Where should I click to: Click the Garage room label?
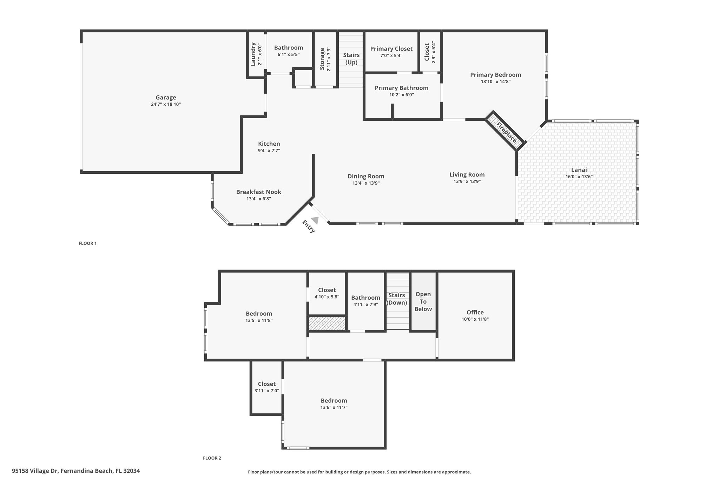[166, 98]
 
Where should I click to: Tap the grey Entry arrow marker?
[315, 220]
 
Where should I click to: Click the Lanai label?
[579, 170]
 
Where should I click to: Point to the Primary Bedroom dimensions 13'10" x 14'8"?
[495, 82]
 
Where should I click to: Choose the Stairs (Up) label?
[351, 59]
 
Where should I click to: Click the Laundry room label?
[253, 54]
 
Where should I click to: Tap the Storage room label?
[322, 59]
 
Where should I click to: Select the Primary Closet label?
[391, 49]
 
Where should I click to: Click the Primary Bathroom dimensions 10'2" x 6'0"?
[401, 95]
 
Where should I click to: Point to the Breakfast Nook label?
[258, 192]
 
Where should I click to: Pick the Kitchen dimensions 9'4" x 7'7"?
[269, 151]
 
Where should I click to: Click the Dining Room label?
[366, 176]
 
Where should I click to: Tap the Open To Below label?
[423, 302]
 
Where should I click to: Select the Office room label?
[475, 312]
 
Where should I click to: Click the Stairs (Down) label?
[397, 299]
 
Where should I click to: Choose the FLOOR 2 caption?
[212, 458]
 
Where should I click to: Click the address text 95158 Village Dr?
[35, 471]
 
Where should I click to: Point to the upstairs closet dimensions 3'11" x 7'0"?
[266, 391]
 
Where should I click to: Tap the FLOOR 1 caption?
[87, 243]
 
